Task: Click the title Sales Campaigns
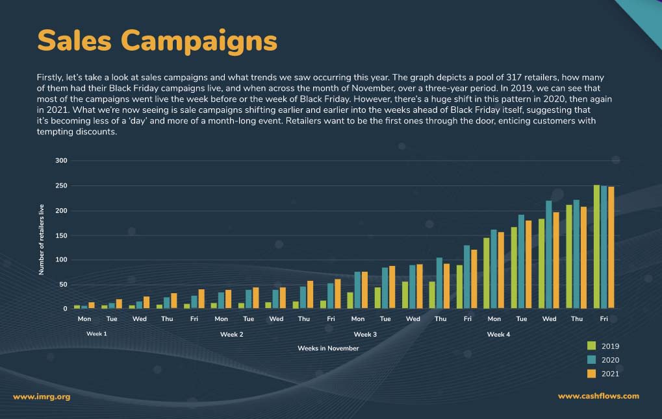pos(157,40)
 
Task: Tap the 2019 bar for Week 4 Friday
pos(597,246)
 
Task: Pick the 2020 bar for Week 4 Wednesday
pos(548,254)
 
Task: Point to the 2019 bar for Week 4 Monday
pos(487,273)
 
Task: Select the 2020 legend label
pos(610,360)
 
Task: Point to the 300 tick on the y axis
pos(60,161)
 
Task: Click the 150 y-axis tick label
pos(60,235)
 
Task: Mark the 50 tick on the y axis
pos(62,285)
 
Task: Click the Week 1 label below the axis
pos(97,334)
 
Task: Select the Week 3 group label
pos(365,335)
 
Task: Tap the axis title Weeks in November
pos(328,348)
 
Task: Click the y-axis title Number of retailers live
pos(42,239)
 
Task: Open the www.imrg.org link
pos(42,396)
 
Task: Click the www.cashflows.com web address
pos(598,396)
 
